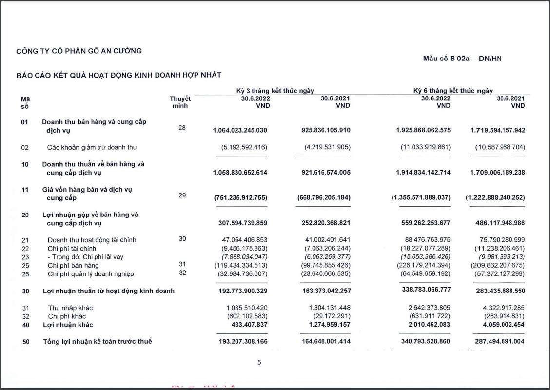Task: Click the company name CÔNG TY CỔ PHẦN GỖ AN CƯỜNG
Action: [x=79, y=51]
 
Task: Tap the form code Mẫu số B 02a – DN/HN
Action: [x=462, y=58]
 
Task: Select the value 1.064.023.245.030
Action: [x=240, y=130]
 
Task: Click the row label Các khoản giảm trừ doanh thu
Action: [x=92, y=147]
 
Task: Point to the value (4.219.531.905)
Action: [x=323, y=147]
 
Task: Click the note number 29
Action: [x=182, y=195]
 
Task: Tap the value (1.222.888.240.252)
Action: [x=495, y=198]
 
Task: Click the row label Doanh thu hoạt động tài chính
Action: [x=92, y=240]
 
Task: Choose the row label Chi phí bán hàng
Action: [x=73, y=266]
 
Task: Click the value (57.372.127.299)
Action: [x=498, y=274]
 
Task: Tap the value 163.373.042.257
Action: [x=323, y=291]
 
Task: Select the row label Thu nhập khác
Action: [x=70, y=308]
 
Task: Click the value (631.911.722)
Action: [x=427, y=316]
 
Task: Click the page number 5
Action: [x=259, y=362]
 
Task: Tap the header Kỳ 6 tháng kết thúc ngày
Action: [x=453, y=91]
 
